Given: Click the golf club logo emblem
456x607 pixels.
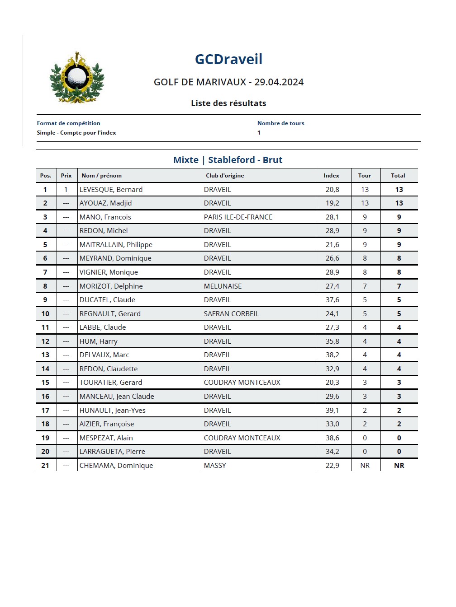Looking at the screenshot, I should [x=76, y=77].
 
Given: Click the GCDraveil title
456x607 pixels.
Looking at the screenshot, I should [x=228, y=59].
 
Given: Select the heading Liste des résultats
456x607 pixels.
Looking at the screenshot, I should [x=228, y=103].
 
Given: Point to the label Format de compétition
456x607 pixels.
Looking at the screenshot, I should [x=68, y=123].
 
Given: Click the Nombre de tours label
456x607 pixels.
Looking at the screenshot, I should [x=280, y=123].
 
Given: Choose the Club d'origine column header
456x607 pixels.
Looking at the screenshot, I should [x=225, y=176].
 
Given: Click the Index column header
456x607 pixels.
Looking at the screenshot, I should [x=331, y=176].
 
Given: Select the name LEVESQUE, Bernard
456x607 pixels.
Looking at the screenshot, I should [x=111, y=190].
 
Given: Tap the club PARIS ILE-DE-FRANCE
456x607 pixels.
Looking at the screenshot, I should [x=238, y=217].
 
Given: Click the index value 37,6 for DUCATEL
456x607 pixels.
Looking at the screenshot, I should [x=332, y=300].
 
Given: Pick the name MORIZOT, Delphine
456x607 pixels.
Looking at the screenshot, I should [x=111, y=286].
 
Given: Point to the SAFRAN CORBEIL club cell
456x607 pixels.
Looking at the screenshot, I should [x=231, y=314].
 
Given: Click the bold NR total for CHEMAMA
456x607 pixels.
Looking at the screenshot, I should [x=399, y=466].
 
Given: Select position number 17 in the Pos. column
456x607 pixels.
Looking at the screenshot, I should [x=45, y=411].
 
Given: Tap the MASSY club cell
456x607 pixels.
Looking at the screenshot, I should [x=215, y=466].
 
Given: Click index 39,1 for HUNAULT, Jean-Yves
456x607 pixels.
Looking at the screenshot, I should [x=332, y=411].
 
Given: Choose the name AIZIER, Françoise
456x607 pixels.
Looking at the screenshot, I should [x=107, y=424].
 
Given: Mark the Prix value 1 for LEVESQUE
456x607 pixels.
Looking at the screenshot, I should [x=66, y=190].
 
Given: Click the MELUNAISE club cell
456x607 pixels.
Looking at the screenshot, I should [x=223, y=286].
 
